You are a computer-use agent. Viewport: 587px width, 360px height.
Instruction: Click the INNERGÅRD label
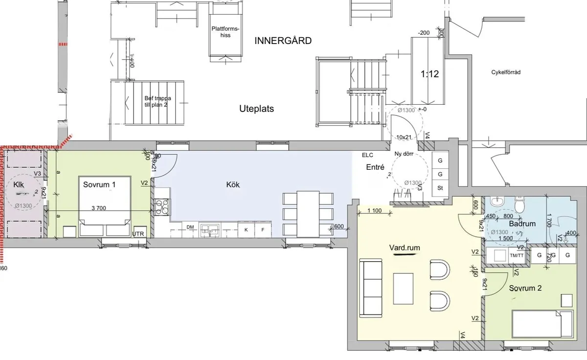click(283, 41)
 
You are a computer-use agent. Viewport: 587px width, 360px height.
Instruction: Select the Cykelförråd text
click(506, 72)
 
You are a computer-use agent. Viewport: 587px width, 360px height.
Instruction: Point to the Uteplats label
click(256, 109)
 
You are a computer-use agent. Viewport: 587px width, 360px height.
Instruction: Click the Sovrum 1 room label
click(99, 184)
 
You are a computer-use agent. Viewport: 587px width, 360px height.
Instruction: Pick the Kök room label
click(233, 184)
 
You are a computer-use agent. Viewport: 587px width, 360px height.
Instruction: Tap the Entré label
click(375, 167)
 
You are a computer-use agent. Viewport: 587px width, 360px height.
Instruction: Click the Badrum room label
click(522, 224)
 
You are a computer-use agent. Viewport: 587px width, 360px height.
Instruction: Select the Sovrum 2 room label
click(525, 288)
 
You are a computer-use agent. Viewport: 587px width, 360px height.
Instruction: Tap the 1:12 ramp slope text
click(430, 74)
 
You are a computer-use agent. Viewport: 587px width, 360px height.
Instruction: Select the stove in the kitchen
click(161, 207)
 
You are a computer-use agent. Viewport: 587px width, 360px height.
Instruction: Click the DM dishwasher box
click(190, 227)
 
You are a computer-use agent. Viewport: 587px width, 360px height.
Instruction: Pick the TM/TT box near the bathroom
click(516, 255)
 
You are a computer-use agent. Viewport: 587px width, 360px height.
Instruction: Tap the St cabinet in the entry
click(440, 188)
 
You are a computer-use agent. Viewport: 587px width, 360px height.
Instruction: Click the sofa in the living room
click(371, 288)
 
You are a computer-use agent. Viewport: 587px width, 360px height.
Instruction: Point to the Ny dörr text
click(404, 154)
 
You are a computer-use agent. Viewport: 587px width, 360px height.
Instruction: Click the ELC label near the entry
click(367, 155)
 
